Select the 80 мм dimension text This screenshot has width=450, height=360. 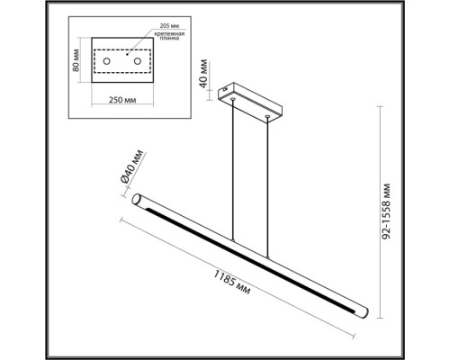pyautogui.click(x=78, y=59)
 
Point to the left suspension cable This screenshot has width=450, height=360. pyautogui.click(x=233, y=171)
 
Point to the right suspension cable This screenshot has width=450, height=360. pyautogui.click(x=268, y=184)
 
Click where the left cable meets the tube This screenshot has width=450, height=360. pyautogui.click(x=232, y=240)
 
